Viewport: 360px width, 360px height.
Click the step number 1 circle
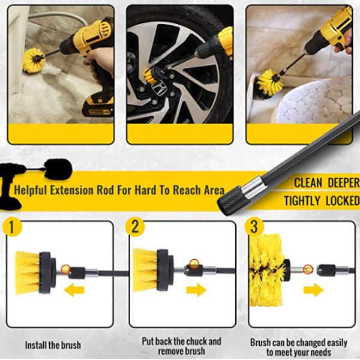coord(12,227)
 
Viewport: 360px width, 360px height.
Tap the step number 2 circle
coord(135,227)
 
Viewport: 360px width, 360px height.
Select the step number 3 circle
coord(254,227)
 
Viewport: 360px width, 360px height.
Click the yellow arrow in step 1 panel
coord(74,290)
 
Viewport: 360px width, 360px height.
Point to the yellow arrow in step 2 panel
coord(196,290)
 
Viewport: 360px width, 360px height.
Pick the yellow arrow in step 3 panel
coord(313,290)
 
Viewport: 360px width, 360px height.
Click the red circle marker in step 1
coord(66,269)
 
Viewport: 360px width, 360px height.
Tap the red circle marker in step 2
coord(194,263)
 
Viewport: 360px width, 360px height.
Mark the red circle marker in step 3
coord(308,269)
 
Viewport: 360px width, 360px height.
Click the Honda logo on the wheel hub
coord(159,88)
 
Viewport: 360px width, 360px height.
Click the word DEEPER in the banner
coord(343,183)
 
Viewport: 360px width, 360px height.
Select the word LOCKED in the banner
coord(343,201)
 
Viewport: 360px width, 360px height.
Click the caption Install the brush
coord(53,346)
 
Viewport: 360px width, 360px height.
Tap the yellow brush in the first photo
coord(33,60)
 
